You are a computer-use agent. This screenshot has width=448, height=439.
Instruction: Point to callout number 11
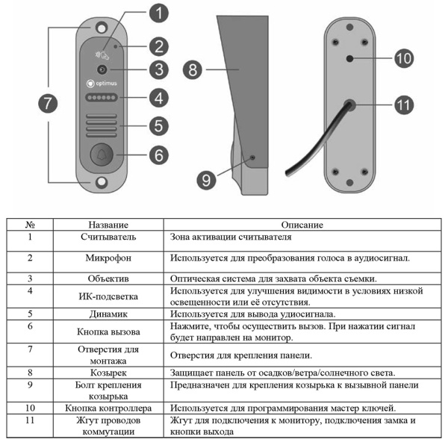(404, 105)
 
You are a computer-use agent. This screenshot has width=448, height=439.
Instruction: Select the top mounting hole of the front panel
(99, 27)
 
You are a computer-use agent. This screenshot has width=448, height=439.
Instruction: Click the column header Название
(109, 223)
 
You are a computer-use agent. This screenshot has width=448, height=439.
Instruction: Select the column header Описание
(302, 223)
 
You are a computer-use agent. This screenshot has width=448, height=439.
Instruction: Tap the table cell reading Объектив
(109, 278)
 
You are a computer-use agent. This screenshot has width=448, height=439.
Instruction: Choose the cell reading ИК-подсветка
(109, 296)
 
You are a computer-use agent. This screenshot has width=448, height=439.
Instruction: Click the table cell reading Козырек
(109, 373)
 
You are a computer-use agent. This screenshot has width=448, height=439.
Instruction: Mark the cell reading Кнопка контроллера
(109, 408)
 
